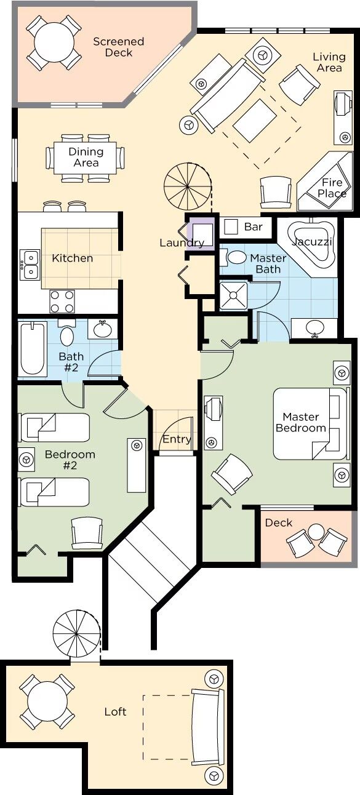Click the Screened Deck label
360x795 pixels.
119,47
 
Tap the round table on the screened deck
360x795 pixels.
54,43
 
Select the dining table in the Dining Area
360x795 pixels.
85,158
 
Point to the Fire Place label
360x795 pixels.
332,188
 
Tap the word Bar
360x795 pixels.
254,227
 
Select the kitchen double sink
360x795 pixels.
30,265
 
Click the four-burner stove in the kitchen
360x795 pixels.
62,302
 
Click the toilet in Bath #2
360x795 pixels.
66,333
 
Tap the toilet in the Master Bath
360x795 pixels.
233,257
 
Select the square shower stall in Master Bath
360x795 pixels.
233,295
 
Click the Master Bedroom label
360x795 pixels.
301,422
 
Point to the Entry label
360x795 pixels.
177,439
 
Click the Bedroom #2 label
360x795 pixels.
70,460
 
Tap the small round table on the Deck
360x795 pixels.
316,532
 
